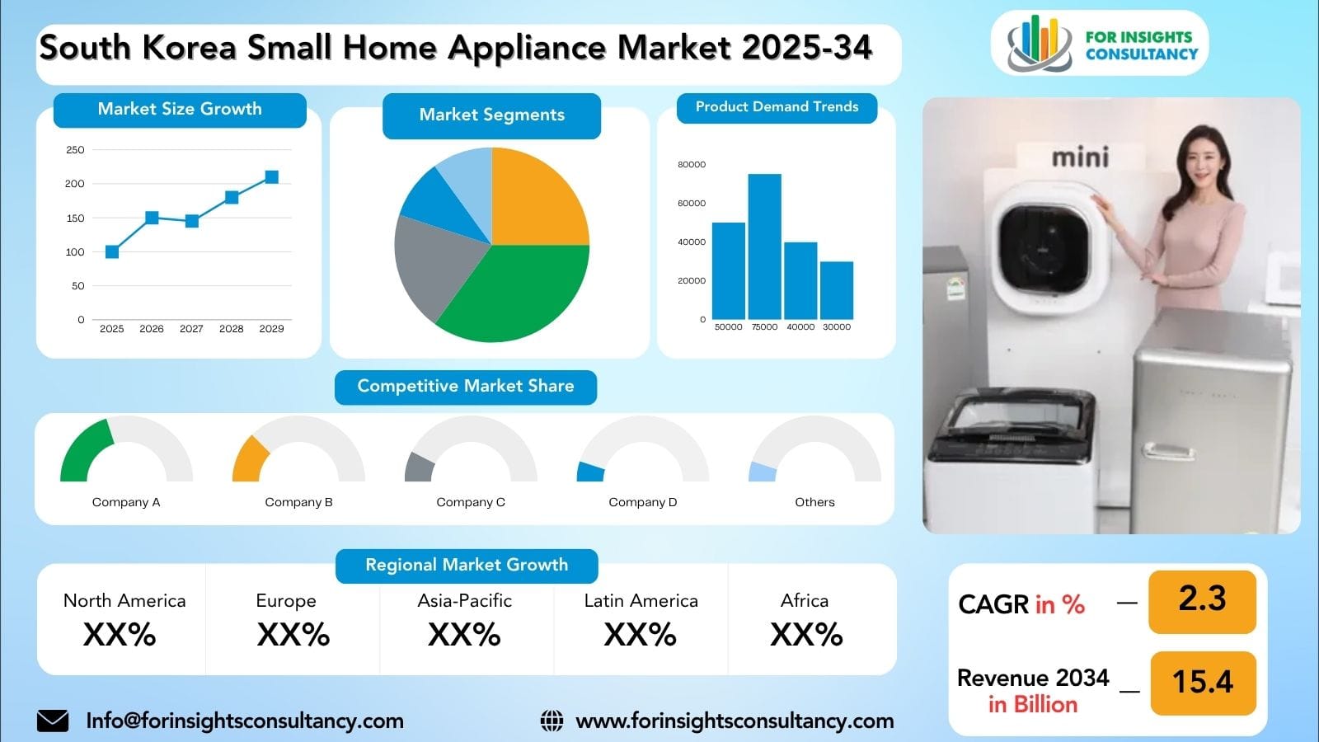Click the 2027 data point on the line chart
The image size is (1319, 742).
tap(191, 221)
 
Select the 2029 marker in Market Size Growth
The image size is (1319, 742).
tap(271, 177)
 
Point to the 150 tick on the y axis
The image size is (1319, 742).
tap(75, 218)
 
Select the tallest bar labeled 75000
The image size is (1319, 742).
tap(764, 247)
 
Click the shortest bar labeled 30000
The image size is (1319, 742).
tap(836, 290)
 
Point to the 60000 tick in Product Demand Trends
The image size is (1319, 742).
tap(691, 203)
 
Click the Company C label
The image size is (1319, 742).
tap(471, 502)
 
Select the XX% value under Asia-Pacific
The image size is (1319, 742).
tap(464, 635)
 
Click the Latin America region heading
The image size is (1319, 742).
tap(641, 601)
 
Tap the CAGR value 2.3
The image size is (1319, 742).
tap(1202, 599)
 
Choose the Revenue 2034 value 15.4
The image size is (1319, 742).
tap(1202, 682)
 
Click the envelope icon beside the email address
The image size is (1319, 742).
tap(53, 721)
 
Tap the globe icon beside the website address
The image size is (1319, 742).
tap(552, 721)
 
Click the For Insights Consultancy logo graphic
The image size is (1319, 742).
tap(1039, 43)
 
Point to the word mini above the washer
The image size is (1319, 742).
tap(1080, 157)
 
